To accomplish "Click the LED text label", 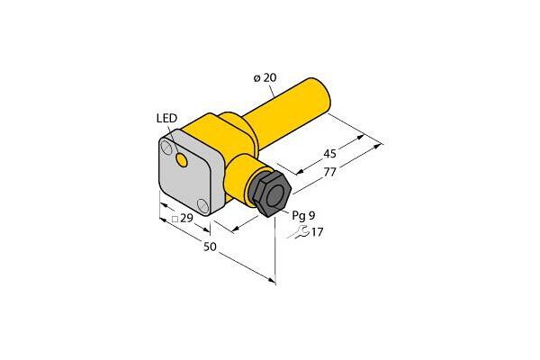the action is click(x=166, y=118).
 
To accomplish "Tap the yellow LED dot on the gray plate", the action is click(x=182, y=160).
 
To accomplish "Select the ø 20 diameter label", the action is click(x=265, y=78).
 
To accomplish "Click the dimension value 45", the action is click(x=329, y=153).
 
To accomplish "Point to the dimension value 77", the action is click(x=329, y=172).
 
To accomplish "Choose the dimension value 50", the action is click(x=210, y=247).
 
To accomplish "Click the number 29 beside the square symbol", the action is click(x=186, y=218).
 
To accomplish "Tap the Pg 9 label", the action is click(x=303, y=216).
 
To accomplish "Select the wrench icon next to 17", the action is click(x=298, y=232).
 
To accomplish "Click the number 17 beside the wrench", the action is click(x=317, y=232).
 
